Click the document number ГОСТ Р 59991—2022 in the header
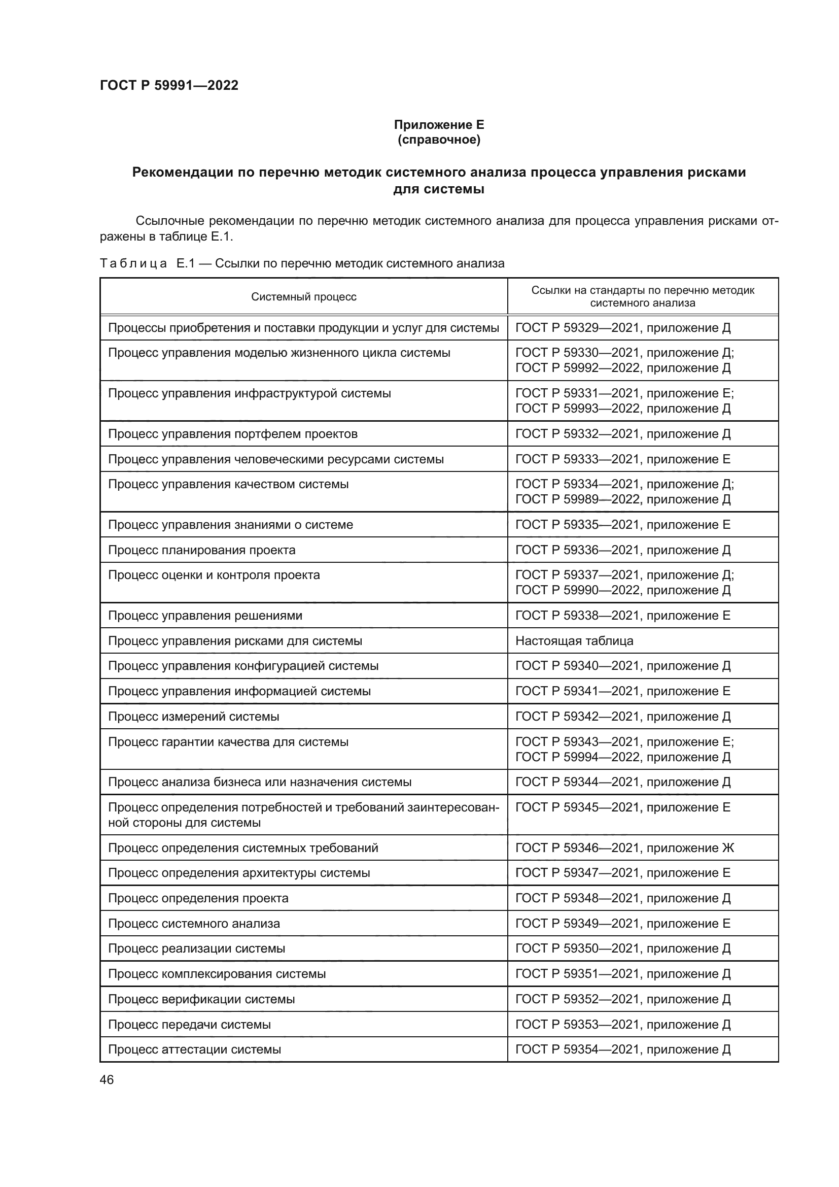point(169,85)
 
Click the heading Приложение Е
point(439,125)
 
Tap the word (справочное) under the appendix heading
point(439,140)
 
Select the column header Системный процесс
point(304,297)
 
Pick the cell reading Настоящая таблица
point(574,641)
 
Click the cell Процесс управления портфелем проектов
point(232,434)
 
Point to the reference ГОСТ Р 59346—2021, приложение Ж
point(624,848)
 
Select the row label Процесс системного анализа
point(194,923)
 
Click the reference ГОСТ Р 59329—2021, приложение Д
point(622,328)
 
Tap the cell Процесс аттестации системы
point(194,1049)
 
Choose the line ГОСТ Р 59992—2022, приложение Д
point(622,368)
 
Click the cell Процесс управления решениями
point(205,616)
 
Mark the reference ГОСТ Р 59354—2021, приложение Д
point(622,1049)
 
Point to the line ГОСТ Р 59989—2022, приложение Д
point(622,499)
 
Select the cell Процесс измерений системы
point(194,717)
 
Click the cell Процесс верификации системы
point(201,999)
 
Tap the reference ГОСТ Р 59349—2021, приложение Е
point(622,923)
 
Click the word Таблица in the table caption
point(133,264)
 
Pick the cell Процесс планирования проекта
point(201,550)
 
